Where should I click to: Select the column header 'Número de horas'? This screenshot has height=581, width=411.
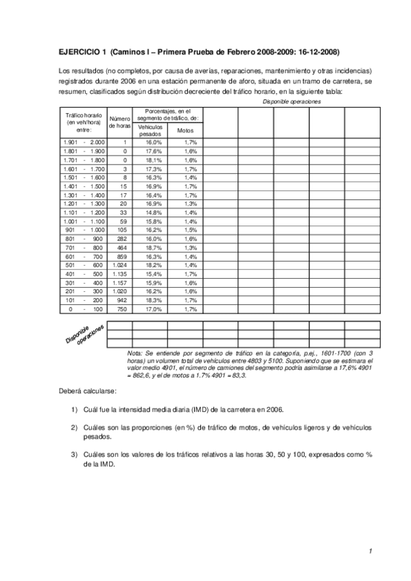(119, 123)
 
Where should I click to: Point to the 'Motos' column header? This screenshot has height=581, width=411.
(185, 130)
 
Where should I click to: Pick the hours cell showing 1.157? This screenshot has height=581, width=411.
(119, 282)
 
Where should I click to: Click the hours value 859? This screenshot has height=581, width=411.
(121, 256)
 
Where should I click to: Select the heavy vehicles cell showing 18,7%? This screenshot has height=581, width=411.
(154, 247)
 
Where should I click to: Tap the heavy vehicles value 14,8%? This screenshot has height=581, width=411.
(154, 212)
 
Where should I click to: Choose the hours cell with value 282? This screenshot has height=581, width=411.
(121, 238)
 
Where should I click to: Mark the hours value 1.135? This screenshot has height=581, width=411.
(119, 273)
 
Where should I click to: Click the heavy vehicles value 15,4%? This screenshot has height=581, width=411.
(154, 273)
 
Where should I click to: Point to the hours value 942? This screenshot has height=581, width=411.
(121, 300)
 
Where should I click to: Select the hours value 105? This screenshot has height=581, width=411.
(121, 230)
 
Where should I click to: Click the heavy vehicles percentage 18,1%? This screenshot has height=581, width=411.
(154, 159)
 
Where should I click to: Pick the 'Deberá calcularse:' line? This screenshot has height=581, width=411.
(87, 391)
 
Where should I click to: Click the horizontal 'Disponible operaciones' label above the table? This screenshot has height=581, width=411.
(292, 101)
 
